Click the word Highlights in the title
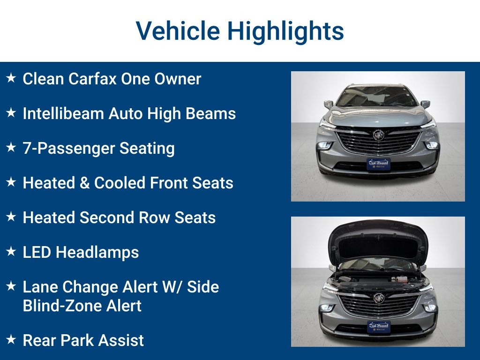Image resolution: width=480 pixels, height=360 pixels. pos(285,31)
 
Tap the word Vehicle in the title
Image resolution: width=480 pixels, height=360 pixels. pos(178,31)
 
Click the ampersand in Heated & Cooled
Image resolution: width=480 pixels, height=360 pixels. pos(84,183)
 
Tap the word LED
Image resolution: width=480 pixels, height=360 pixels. pos(37,252)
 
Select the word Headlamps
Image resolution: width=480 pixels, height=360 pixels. pos(97,253)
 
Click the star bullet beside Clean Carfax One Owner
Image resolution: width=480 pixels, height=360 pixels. pos(11,78)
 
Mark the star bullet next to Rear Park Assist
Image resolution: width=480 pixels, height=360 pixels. pos(11,339)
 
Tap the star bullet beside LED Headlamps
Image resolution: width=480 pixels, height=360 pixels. pos(11,251)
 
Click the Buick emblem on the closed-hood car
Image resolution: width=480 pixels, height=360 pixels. pos(378,135)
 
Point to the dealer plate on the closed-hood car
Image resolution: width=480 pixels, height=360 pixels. pos(378,164)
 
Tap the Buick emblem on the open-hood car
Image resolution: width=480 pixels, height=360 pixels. pos(379,298)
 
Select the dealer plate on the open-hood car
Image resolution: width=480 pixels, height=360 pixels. pos(379,327)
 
